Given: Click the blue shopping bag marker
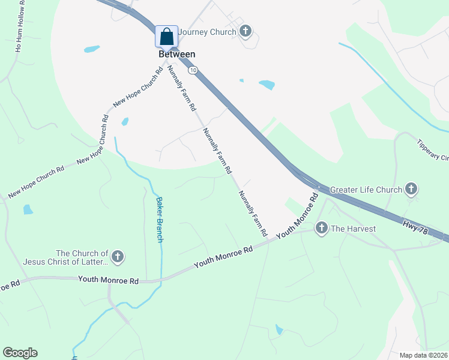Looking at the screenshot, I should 166,37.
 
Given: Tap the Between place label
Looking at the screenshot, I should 177,54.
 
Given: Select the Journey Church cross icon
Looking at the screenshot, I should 245,31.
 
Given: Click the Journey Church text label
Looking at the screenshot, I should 207,32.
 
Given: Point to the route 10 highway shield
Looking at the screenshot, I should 192,70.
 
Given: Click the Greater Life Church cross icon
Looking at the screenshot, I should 411,190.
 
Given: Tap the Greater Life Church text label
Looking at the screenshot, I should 366,190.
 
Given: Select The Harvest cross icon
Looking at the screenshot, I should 321,228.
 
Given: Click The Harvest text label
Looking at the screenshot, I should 353,229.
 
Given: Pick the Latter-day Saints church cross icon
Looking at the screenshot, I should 118,257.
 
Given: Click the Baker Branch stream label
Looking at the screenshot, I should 160,220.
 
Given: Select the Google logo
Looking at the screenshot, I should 20,353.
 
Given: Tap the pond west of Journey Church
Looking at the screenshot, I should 92,48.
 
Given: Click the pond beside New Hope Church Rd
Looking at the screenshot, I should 125,122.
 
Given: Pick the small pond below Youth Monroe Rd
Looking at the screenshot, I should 279,329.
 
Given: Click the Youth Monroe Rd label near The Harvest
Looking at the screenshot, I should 297,218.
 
